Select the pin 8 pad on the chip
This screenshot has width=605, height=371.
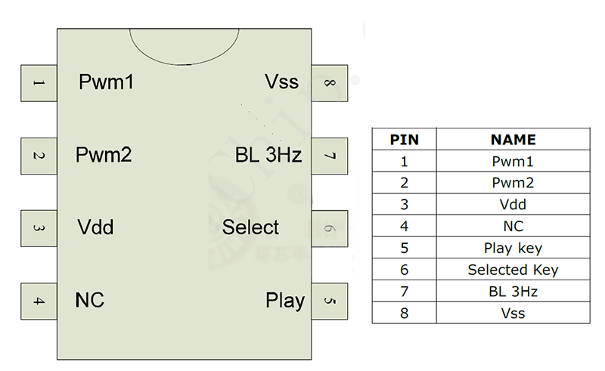pos(329,83)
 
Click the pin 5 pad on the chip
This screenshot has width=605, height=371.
pos(329,301)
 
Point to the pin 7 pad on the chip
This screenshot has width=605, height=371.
pos(329,156)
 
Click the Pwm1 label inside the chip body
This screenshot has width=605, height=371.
pos(107,82)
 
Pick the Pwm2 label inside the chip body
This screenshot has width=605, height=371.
pos(104,155)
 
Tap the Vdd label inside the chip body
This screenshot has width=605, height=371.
pos(96,227)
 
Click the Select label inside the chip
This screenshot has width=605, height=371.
pos(250,227)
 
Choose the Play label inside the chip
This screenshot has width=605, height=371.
pos(285,301)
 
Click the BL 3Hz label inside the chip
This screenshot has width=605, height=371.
pos(268,156)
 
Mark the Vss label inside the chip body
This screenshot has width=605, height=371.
pos(281,82)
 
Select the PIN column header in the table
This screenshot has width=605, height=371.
pos(404,140)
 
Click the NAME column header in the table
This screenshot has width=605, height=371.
pos(513,140)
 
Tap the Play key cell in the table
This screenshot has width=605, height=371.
pos(513,248)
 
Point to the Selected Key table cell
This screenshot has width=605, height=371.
pos(513,270)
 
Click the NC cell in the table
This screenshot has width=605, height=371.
pos(513,226)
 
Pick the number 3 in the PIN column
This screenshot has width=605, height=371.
pos(404,204)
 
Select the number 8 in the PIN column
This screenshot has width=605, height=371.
pos(404,313)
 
